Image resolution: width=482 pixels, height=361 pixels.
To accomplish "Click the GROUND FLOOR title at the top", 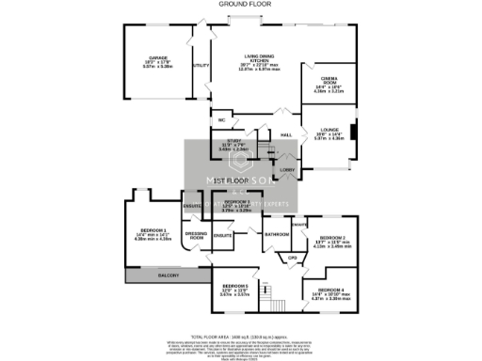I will pos(240,5).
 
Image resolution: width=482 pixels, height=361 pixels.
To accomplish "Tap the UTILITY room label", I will pos(200,66).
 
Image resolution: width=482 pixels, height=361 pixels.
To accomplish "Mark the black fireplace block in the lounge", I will pos(353,133).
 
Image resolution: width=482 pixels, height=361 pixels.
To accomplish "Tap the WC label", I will pos(220,120).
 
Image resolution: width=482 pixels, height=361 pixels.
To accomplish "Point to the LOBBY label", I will pos(287,169).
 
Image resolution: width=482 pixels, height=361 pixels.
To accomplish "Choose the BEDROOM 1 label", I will pos(152,230).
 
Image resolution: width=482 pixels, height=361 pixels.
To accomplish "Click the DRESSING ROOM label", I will pos(196,236).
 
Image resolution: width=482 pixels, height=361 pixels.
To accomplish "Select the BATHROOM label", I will pos(276,234).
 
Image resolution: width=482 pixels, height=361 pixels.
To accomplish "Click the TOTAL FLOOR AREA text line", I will pos(240,336).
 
